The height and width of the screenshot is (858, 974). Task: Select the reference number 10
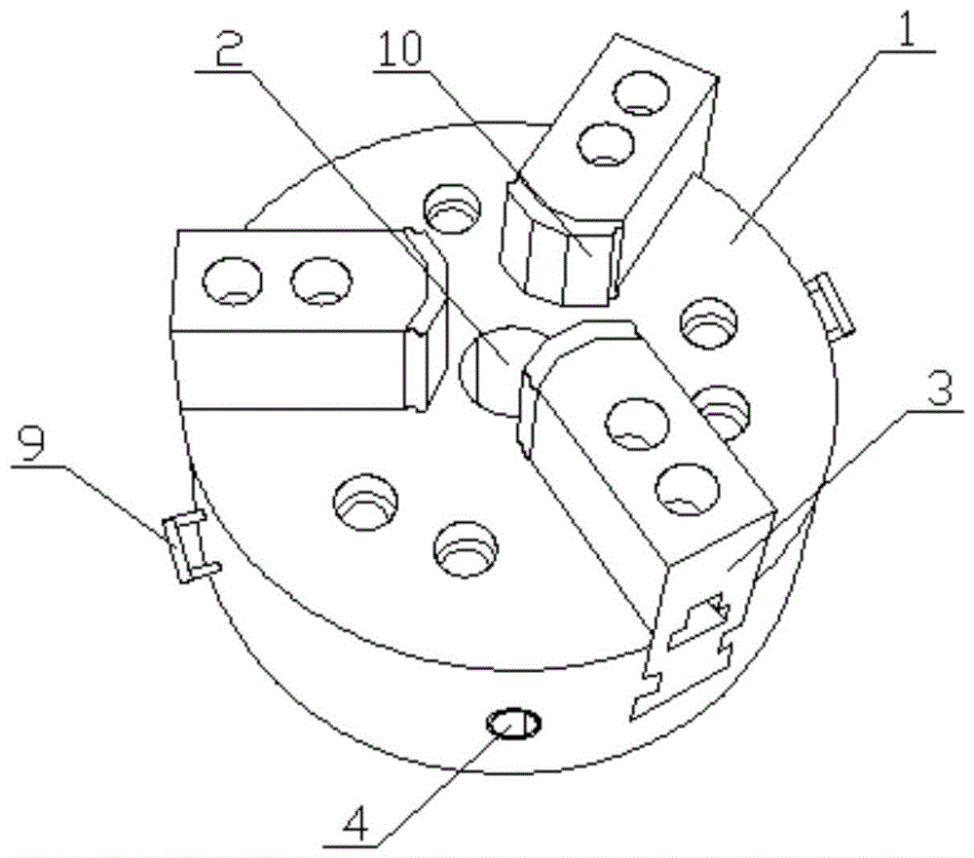(x=401, y=47)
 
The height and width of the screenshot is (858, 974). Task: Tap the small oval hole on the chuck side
(x=513, y=724)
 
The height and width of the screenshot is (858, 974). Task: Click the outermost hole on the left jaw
(x=232, y=281)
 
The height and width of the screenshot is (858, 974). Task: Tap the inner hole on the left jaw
(x=321, y=281)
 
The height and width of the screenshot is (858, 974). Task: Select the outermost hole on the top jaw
(x=641, y=93)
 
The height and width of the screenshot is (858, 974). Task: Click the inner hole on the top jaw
(x=605, y=144)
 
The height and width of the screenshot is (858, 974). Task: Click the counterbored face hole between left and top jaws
(x=452, y=208)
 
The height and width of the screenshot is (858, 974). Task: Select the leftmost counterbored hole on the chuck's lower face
(x=365, y=502)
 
